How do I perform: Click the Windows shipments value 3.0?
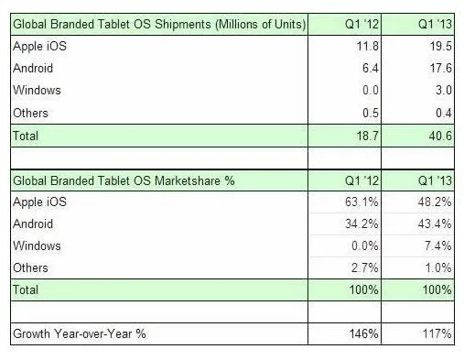[x=443, y=90]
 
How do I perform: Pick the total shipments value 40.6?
[x=439, y=135]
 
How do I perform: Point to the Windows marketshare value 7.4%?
[x=438, y=246]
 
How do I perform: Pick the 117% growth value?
[x=438, y=335]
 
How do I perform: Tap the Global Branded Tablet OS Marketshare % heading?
[x=123, y=180]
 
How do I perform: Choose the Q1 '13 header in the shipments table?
[x=433, y=22]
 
